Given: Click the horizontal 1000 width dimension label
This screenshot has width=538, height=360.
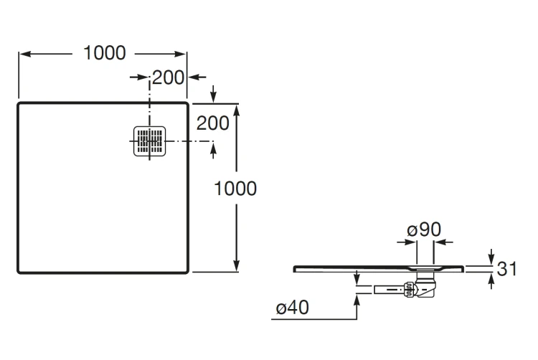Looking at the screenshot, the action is coord(105,53).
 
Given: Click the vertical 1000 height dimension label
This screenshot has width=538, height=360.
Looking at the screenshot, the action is coord(235,189).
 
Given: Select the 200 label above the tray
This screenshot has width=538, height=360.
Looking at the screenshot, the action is coord(168,77).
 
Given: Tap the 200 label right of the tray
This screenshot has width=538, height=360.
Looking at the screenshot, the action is coord(213,123).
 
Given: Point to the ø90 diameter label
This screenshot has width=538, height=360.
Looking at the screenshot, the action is coord(424,229).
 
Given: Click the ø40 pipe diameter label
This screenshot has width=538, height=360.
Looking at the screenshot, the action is coord(293,308).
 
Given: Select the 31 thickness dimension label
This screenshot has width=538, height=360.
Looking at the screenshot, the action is coord(506,269).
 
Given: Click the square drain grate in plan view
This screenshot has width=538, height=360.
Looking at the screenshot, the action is coord(150,141).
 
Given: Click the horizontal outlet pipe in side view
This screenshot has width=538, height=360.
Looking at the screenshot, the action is coord(390,290).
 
